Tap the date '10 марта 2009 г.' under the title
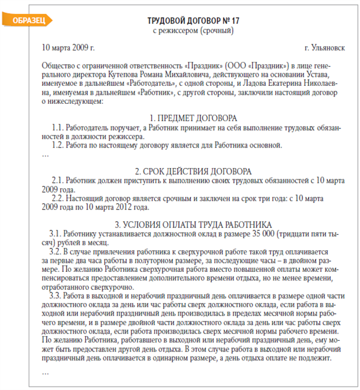[68, 47]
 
